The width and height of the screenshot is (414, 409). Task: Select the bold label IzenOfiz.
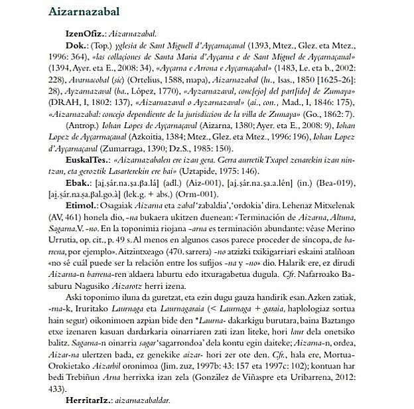coord(85,33)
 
